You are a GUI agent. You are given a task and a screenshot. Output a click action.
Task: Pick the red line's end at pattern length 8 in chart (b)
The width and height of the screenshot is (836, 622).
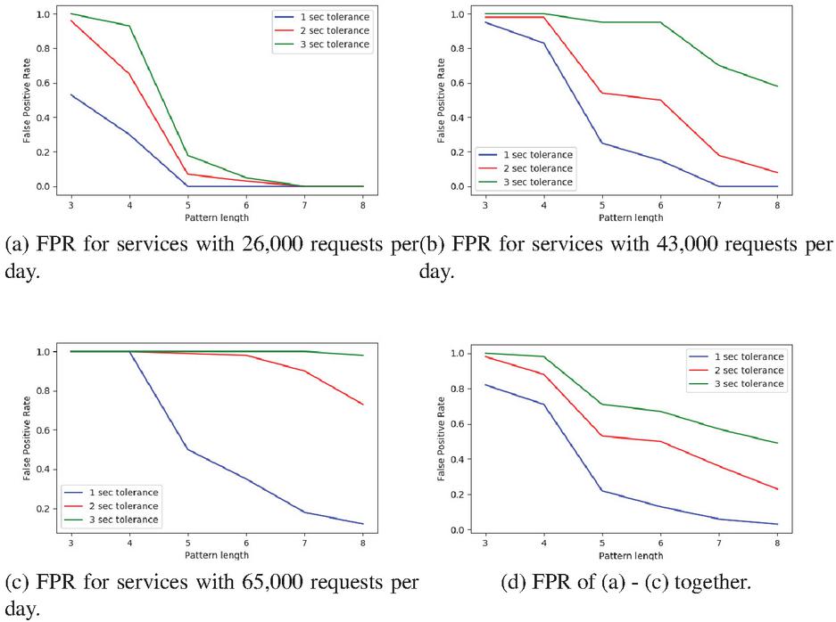[777, 173]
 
